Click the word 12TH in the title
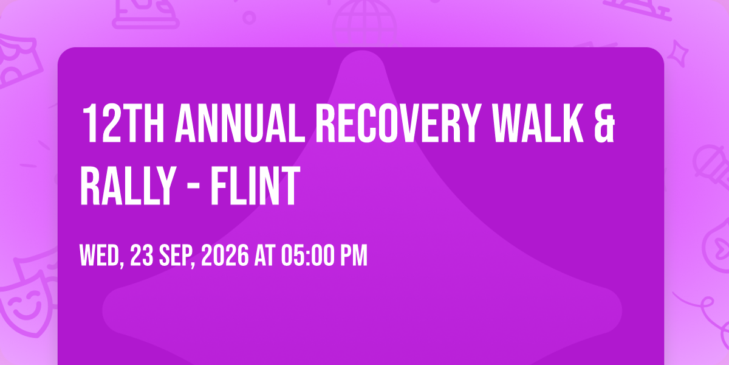tap(123, 123)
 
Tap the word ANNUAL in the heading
tap(240, 123)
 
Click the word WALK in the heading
tap(538, 123)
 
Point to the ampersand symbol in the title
tap(604, 123)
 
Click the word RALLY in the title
tap(128, 186)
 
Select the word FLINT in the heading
tap(255, 186)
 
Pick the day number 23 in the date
tap(142, 255)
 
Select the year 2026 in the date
tap(225, 255)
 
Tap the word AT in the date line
tap(265, 255)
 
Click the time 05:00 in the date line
tap(308, 255)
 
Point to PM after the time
tap(354, 255)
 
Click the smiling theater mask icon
tap(26, 307)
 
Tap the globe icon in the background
tap(364, 23)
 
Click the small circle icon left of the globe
tap(249, 18)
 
